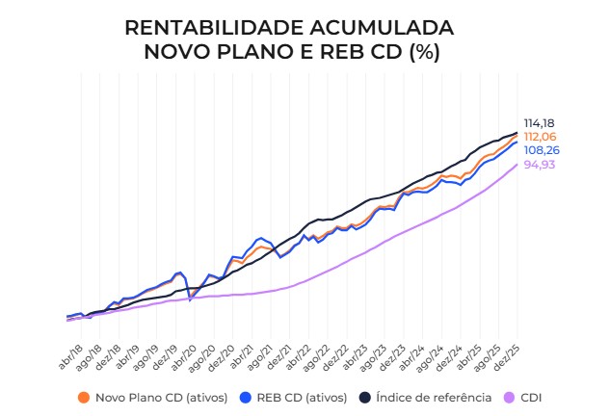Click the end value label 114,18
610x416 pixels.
tap(540, 123)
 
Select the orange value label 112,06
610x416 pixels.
tap(540, 137)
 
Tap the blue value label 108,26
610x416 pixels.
tap(542, 151)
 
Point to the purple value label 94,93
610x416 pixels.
tap(540, 165)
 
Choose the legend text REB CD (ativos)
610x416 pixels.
tap(303, 397)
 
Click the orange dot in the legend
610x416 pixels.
tap(84, 397)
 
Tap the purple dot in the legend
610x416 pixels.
tap(511, 397)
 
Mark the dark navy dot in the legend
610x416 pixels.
tap(365, 397)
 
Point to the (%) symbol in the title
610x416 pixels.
tap(423, 52)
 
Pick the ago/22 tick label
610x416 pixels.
tap(318, 357)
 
